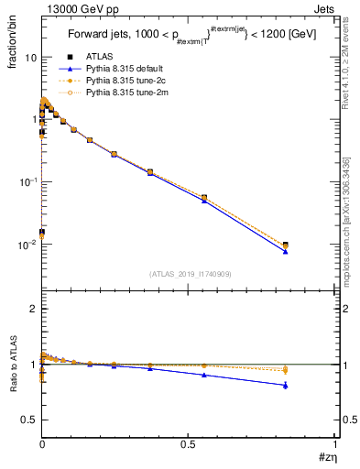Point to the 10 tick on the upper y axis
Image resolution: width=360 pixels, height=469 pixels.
(30, 57)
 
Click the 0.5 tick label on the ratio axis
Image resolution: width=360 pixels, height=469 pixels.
(29, 420)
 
